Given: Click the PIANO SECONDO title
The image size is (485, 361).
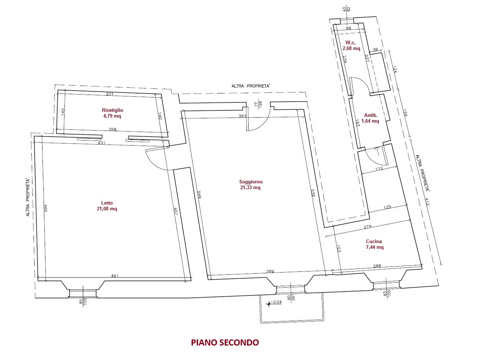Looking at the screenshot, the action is pos(225,343).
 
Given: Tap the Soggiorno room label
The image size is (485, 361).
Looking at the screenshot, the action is pos(251,182).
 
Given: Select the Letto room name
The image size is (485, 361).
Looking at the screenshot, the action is pos(107,203).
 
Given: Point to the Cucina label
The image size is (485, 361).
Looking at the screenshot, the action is pos(374,241).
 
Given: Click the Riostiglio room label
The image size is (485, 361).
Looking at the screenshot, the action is pos(112,110).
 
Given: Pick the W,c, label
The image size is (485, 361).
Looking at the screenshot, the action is pos(351,42).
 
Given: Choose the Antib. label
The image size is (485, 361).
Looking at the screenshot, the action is pos(371,115).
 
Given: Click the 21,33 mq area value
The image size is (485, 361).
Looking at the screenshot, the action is pos(250,188).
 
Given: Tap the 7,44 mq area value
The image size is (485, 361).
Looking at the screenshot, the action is pos(375,247).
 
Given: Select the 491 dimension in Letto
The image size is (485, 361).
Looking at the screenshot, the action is pos(115,275).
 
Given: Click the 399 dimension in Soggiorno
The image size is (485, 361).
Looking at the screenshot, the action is pos(270,271).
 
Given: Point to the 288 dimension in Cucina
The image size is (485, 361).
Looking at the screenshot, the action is pos(377,266).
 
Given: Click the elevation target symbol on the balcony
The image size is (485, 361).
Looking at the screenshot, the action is pos(269,304).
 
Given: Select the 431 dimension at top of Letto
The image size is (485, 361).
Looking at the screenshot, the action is pos(101,143).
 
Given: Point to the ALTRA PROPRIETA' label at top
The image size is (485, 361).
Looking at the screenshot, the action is pos(251,86).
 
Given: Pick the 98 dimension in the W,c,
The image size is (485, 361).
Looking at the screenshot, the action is pos(348,28).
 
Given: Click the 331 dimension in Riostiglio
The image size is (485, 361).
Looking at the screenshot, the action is pos(110,94).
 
